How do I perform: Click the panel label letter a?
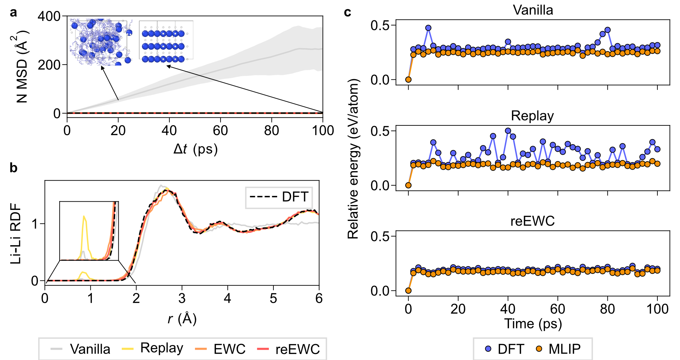(x=13, y=13)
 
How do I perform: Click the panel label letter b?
(x=13, y=168)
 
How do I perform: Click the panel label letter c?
(x=347, y=13)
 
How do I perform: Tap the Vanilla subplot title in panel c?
(x=533, y=10)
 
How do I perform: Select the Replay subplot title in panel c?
(x=532, y=116)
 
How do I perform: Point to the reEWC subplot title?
(x=532, y=221)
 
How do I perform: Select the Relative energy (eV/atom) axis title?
(x=353, y=159)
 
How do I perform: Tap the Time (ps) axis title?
(x=533, y=324)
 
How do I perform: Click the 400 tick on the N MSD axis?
(x=49, y=16)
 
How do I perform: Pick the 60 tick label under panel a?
(x=220, y=131)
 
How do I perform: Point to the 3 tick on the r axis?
(x=182, y=298)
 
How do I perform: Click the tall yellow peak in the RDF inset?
(x=84, y=217)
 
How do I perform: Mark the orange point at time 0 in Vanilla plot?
(x=408, y=80)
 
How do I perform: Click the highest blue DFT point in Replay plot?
(x=508, y=131)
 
